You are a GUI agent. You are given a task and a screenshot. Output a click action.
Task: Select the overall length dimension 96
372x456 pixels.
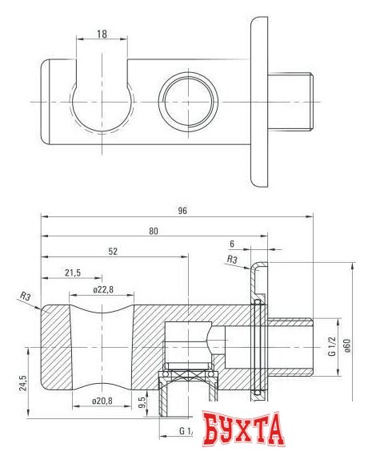point(182,210)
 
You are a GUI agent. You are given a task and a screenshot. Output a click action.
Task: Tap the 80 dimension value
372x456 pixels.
point(154,231)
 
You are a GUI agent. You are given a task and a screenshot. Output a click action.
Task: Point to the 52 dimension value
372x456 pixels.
point(114,251)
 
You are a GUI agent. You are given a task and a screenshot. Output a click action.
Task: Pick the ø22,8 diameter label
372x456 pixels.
point(103,290)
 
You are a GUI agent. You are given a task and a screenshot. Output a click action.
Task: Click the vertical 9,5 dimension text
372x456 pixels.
point(142,400)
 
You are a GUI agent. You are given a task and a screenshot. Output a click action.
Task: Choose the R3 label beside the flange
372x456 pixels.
point(231,259)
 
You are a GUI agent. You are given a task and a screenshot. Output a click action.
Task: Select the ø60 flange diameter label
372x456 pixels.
point(348,345)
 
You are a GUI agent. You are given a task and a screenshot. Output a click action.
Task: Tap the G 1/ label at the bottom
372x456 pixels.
point(186,431)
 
